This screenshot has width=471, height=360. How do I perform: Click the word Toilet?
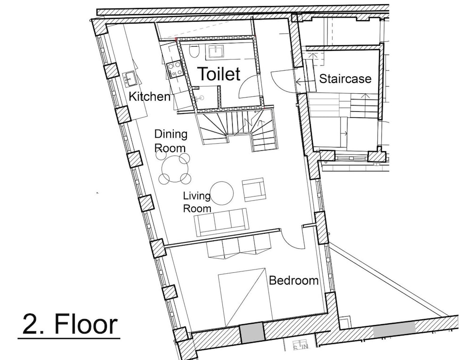tap(219, 74)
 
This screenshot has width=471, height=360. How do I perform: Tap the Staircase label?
tap(345, 79)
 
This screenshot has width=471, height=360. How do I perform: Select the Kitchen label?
tap(149, 97)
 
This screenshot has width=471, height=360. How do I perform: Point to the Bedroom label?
tap(293, 280)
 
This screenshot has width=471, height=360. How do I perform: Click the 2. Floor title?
tap(70, 324)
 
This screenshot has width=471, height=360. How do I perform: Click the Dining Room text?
tap(171, 141)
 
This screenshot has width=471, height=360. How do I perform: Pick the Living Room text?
tap(197, 202)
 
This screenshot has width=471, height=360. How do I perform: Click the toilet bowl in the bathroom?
tap(195, 51)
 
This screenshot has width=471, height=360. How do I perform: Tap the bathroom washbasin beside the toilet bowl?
tap(215, 51)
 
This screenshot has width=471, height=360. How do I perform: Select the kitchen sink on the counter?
tap(130, 79)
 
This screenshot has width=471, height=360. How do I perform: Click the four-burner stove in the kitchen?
tap(175, 68)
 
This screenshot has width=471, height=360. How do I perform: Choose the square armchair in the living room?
tap(254, 189)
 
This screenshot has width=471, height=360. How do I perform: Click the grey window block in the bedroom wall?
tap(252, 332)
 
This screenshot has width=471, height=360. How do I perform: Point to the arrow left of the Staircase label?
tap(306, 81)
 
